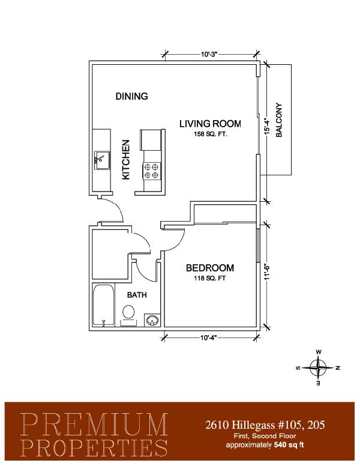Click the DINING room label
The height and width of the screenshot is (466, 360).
(x=131, y=96)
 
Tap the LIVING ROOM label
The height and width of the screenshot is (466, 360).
(x=210, y=124)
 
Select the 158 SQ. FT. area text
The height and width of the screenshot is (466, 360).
(x=210, y=134)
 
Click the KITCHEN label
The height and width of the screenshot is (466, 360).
(x=126, y=160)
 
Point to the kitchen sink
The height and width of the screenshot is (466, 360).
(x=102, y=160)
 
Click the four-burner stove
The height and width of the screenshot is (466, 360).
(x=151, y=171)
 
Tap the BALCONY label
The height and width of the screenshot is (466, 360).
(x=279, y=120)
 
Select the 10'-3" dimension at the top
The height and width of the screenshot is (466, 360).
(x=209, y=55)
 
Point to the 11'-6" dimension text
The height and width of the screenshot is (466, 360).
(x=267, y=272)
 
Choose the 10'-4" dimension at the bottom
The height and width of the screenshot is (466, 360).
(x=209, y=337)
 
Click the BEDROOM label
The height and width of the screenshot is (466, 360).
(x=210, y=268)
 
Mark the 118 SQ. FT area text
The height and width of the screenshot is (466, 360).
(x=210, y=279)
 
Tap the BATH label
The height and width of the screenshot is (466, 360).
(x=137, y=295)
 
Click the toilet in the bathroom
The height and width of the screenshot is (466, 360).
(x=128, y=315)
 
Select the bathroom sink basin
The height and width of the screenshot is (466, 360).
(x=152, y=321)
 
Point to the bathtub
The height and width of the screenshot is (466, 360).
(x=103, y=305)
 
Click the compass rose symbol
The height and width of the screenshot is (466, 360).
(x=318, y=368)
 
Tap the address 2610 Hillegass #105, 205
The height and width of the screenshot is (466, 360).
(x=265, y=425)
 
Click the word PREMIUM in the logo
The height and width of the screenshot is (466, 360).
(x=94, y=425)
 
